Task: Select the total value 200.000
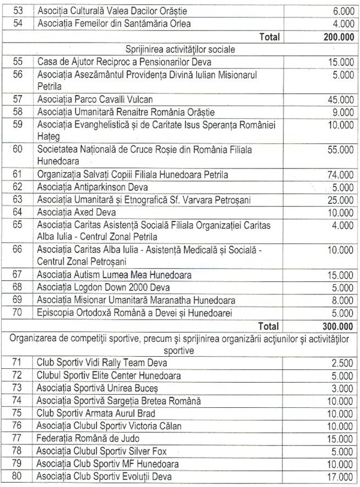[x=331, y=37]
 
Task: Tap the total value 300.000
[x=331, y=327]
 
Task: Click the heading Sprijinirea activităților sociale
[x=180, y=49]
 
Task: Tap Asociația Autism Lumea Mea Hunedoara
[x=113, y=276]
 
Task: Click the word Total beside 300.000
[x=269, y=327]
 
